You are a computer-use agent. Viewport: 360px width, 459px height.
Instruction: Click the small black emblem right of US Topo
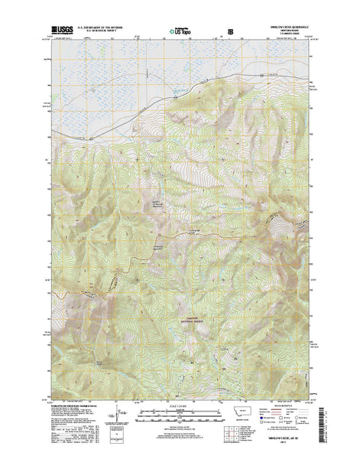(x=231, y=32)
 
